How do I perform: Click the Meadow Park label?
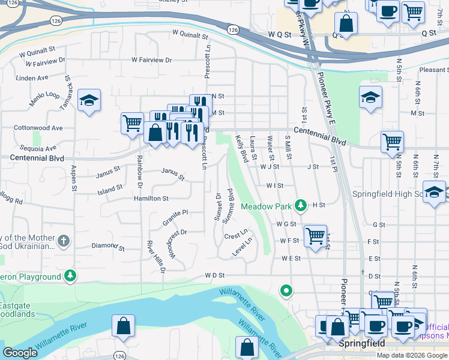(266, 206)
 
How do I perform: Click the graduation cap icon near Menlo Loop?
(89, 100)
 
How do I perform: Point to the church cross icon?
(64, 242)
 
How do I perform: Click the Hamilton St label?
(151, 198)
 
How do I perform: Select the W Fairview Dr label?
(152, 60)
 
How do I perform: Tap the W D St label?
(214, 275)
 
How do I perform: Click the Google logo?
(20, 353)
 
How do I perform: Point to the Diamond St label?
(107, 247)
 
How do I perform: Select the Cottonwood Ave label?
(38, 128)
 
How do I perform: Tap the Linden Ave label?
(32, 78)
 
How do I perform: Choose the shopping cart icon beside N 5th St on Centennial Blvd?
(392, 142)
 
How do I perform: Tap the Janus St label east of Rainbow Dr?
(173, 174)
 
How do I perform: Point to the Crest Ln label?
(236, 234)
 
